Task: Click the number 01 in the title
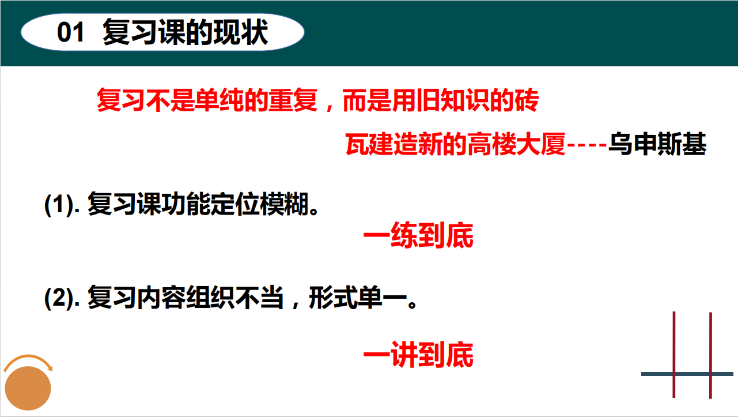(x=70, y=32)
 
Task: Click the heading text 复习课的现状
(x=186, y=32)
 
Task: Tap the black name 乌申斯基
(x=657, y=144)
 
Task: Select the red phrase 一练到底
(x=418, y=235)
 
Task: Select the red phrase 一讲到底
(x=418, y=355)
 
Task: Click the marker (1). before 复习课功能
(x=62, y=205)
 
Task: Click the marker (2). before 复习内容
(x=62, y=298)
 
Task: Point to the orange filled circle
(x=28, y=388)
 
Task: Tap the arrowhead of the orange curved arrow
(x=50, y=368)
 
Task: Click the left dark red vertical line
(x=674, y=355)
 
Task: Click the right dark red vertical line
(x=711, y=355)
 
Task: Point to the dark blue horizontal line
(x=687, y=374)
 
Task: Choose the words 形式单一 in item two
(x=358, y=298)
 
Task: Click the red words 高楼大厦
(x=516, y=144)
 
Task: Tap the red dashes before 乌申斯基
(x=587, y=145)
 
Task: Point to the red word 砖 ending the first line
(x=527, y=100)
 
